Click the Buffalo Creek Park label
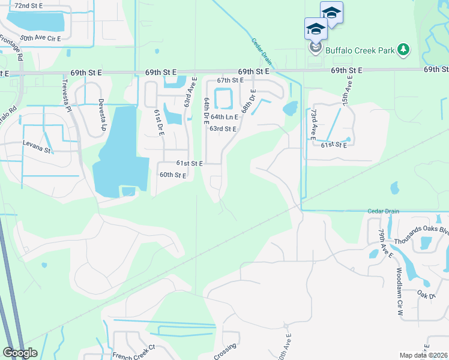click(360, 50)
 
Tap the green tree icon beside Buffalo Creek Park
click(405, 50)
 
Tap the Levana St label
click(37, 144)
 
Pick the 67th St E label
click(231, 80)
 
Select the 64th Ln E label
click(224, 117)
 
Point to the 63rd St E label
click(223, 128)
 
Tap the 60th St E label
click(173, 175)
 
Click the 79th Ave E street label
click(382, 242)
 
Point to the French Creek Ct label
click(134, 352)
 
